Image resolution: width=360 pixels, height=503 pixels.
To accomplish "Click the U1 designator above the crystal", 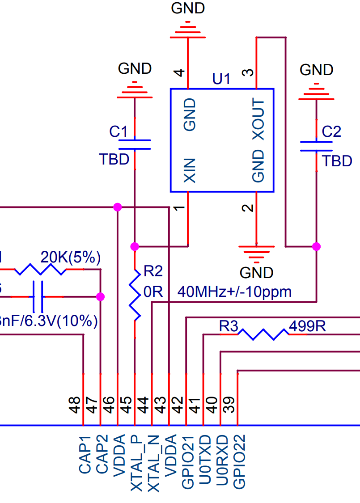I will pyautogui.click(x=221, y=79).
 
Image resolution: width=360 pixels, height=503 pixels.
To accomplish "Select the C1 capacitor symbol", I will pyautogui.click(x=135, y=144).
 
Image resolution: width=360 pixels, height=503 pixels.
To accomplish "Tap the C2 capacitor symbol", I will pyautogui.click(x=316, y=146).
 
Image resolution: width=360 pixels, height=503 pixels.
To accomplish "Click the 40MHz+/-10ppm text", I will pyautogui.click(x=234, y=292).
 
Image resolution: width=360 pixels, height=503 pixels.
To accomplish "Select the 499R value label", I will pyautogui.click(x=307, y=326).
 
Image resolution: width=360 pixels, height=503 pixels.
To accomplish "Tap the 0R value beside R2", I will pyautogui.click(x=153, y=292).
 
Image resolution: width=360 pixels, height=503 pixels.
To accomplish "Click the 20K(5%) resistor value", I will pyautogui.click(x=70, y=258).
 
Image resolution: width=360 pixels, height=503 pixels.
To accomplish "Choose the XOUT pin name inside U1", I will pyautogui.click(x=258, y=119).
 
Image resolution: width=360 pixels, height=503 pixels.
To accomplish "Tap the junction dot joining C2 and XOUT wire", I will pyautogui.click(x=316, y=246).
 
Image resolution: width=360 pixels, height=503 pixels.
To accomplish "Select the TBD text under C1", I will pyautogui.click(x=114, y=159).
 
